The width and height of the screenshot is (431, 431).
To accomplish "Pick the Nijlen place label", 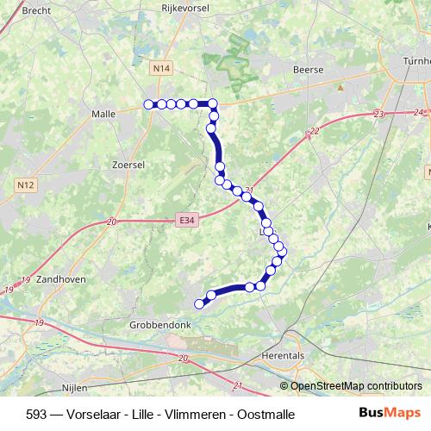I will [x=77, y=388].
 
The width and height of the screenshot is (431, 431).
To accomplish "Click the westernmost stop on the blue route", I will [x=148, y=104].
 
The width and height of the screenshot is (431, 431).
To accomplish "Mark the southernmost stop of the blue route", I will [x=200, y=303].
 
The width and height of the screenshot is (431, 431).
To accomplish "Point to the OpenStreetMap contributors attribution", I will [x=355, y=386].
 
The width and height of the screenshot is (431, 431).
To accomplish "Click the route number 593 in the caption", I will [x=37, y=414].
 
